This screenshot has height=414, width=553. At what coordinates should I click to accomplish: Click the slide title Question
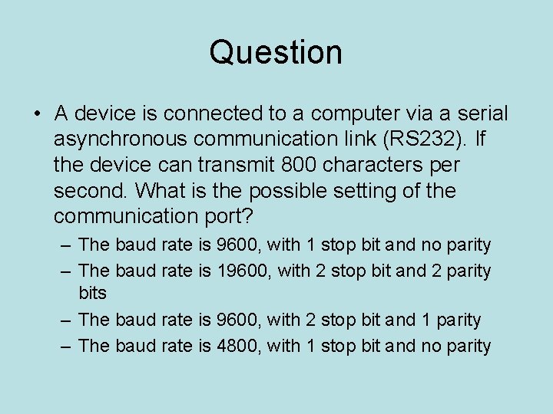coord(276,53)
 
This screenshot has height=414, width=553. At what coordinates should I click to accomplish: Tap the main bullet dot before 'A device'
coord(38,115)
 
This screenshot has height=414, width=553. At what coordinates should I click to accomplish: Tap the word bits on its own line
coord(93,293)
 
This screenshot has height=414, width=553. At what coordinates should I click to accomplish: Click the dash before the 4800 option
coord(66,347)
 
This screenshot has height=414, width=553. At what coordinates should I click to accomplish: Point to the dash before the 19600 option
coord(66,271)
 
